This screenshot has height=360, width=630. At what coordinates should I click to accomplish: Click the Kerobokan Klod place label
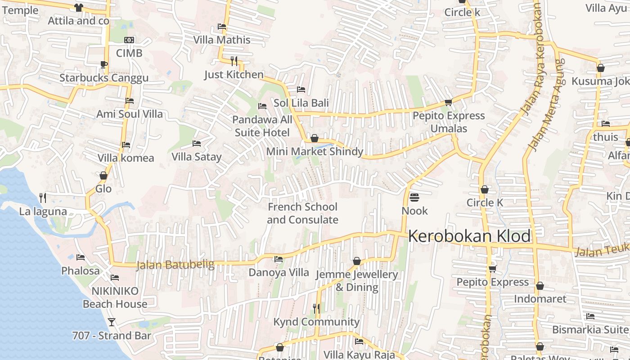click(469, 236)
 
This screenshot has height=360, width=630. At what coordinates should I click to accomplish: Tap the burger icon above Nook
click(414, 198)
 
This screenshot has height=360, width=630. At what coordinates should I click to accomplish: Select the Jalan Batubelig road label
click(175, 265)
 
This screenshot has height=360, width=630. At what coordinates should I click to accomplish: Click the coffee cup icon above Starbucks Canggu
click(103, 64)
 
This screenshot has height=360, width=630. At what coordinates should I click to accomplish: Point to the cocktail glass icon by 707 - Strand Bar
click(112, 322)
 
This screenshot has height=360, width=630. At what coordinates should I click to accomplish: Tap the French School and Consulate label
click(302, 213)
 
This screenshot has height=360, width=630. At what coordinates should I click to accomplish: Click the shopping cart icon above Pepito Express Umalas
click(448, 103)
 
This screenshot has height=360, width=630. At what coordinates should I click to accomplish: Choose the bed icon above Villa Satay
click(197, 144)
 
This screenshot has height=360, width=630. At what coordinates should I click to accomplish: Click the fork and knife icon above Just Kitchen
click(234, 61)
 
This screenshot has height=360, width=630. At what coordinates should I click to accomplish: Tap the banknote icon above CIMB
click(129, 40)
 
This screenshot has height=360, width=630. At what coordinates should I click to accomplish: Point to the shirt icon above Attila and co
click(78, 7)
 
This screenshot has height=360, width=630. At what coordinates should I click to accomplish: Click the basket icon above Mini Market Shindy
click(315, 138)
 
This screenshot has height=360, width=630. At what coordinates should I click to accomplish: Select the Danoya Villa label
click(279, 272)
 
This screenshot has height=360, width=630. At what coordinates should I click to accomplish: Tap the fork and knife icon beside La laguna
click(43, 198)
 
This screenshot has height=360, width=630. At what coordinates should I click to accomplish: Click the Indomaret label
click(540, 299)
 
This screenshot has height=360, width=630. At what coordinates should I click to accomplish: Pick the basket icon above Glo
click(103, 175)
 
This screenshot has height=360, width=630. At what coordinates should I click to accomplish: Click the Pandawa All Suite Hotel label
click(262, 126)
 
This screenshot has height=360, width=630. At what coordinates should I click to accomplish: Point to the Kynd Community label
click(316, 322)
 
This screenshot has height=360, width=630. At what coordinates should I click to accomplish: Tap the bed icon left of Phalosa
click(81, 257)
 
